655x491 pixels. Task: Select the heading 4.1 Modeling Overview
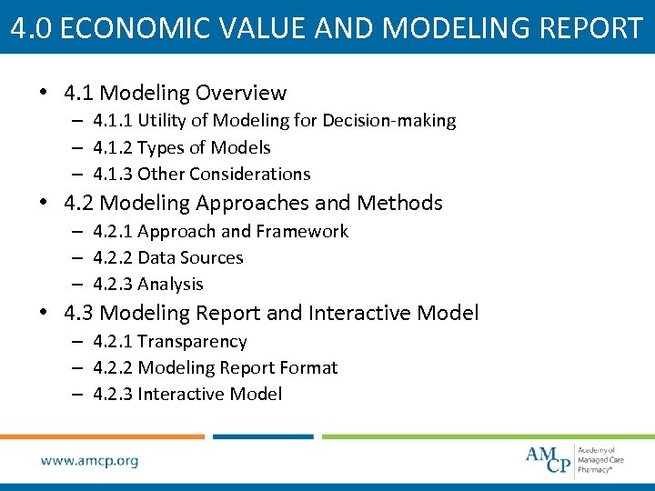(x=176, y=93)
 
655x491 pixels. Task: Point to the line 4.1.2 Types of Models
(x=182, y=147)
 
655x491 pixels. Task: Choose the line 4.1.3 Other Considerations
(x=202, y=174)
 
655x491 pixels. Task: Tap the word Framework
(x=303, y=231)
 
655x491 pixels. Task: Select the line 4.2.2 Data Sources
(x=168, y=257)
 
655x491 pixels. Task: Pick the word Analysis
(x=170, y=284)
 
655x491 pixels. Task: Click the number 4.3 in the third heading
(x=79, y=314)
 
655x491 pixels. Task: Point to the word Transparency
(x=192, y=341)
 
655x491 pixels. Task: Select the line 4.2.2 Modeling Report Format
(x=216, y=367)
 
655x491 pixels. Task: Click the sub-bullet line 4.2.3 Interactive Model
(x=187, y=394)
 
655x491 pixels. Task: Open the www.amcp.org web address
(x=89, y=461)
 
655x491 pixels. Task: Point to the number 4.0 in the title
(x=27, y=27)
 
